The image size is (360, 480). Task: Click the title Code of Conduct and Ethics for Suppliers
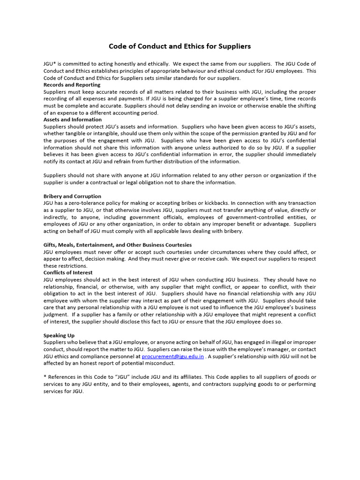180,46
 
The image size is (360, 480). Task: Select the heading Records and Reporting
72,85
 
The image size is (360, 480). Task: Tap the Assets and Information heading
72,120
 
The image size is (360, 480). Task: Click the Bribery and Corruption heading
72,196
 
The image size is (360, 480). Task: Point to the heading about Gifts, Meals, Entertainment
117,245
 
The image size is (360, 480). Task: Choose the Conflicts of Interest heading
68,272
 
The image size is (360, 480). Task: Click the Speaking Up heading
59,336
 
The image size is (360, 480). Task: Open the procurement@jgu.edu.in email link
172,356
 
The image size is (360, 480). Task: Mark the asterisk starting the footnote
45,377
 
